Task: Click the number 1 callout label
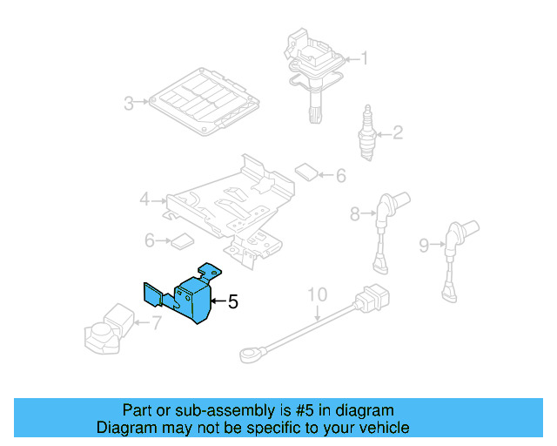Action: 365,59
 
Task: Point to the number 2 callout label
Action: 398,133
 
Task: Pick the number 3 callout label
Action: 128,104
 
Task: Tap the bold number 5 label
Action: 232,302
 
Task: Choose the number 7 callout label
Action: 156,325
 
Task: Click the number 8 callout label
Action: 355,213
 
